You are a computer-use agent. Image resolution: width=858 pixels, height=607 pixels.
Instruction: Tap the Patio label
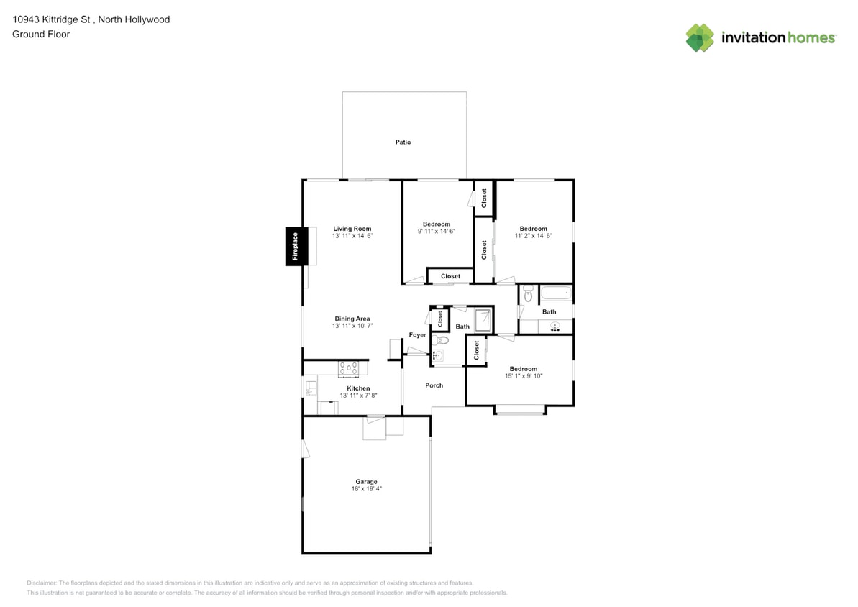[x=403, y=142]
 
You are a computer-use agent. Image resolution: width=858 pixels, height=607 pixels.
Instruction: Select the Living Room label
[x=352, y=229]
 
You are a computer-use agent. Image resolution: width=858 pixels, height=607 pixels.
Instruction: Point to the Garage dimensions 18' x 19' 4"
[x=366, y=489]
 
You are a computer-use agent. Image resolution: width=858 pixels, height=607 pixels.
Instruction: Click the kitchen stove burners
[x=349, y=368]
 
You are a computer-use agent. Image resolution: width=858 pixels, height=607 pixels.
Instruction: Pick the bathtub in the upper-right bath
[x=555, y=293]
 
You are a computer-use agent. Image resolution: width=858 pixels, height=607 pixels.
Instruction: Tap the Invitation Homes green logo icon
[x=699, y=37]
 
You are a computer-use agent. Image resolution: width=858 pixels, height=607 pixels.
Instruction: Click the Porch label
[x=434, y=385]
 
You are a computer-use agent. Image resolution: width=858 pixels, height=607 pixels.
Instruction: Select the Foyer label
[x=417, y=335]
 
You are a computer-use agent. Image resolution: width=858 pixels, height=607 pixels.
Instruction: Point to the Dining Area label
[x=352, y=319]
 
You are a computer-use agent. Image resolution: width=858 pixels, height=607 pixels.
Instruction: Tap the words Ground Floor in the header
[x=41, y=34]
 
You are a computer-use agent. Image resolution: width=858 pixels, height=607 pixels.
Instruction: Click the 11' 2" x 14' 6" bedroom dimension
[x=533, y=236]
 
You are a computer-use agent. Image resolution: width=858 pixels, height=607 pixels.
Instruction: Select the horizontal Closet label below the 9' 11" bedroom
[x=450, y=276]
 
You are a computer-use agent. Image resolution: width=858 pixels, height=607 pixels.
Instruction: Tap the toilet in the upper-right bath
[x=528, y=294]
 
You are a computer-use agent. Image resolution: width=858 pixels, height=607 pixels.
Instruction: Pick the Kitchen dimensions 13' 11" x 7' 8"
[x=352, y=396]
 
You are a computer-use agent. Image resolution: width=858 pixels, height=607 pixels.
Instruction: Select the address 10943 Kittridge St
[x=50, y=19]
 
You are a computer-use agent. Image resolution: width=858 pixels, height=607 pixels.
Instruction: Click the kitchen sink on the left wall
[x=310, y=387]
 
